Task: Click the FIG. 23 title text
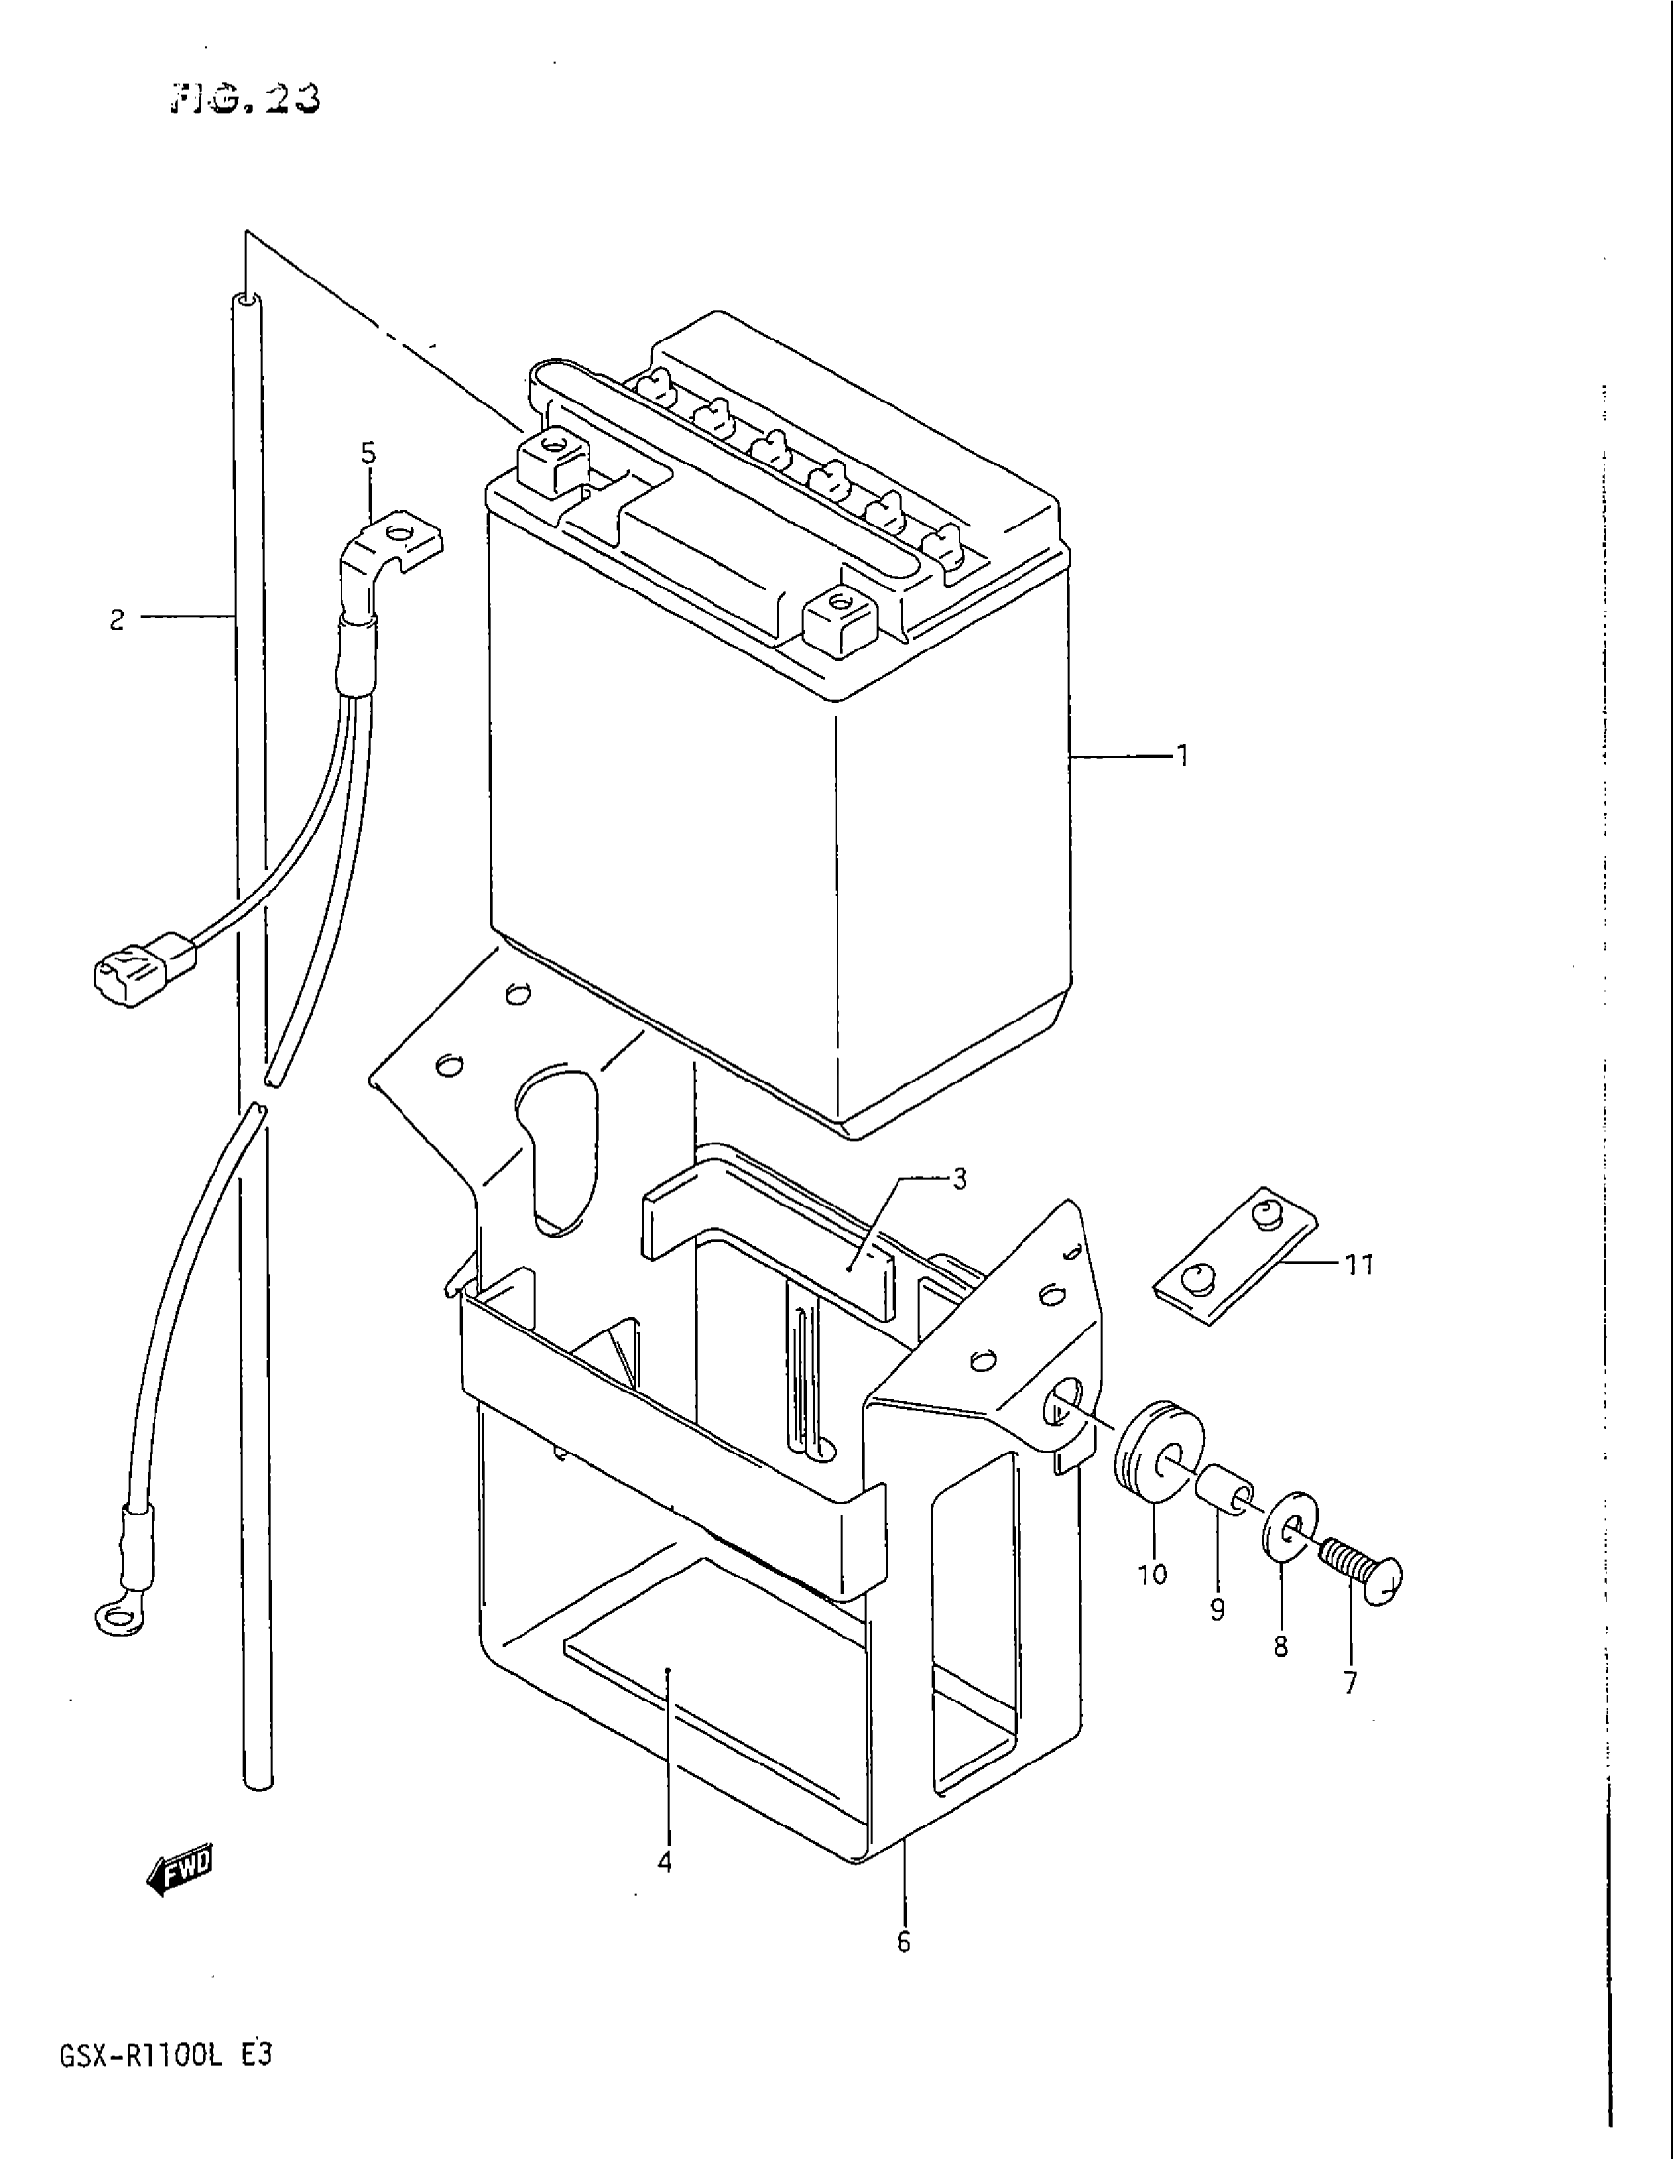(246, 98)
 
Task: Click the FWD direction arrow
(181, 1867)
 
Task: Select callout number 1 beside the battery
(1180, 758)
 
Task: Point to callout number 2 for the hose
(117, 622)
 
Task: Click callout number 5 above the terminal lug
(369, 454)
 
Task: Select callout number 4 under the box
(665, 1863)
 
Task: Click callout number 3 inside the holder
(958, 1180)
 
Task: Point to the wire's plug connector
(144, 966)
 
